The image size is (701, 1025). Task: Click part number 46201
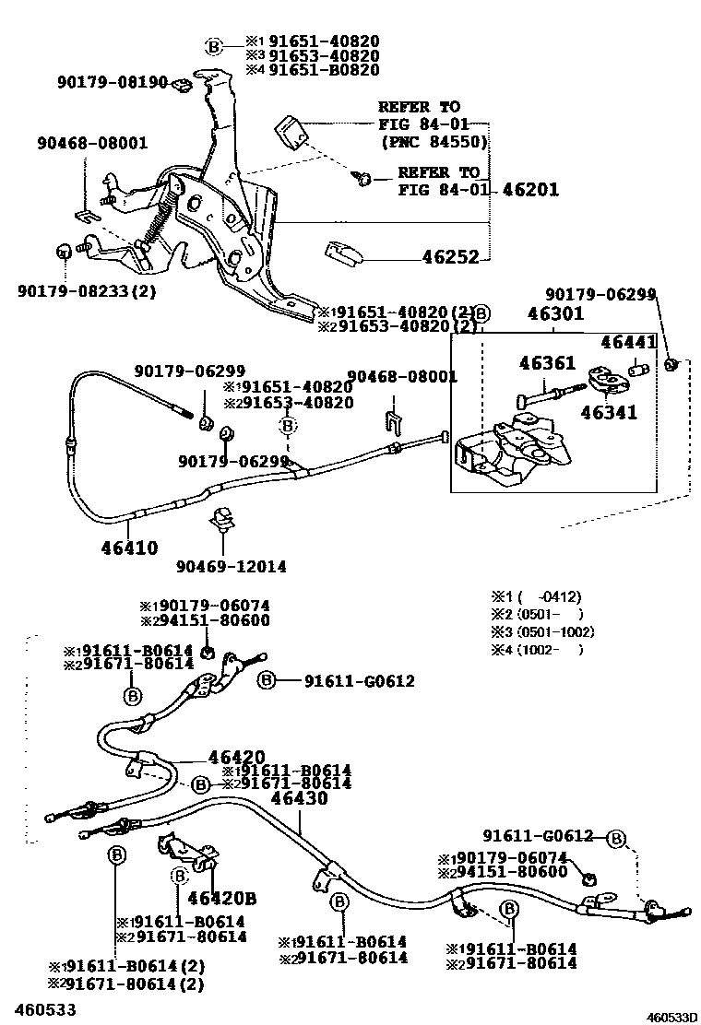tap(531, 190)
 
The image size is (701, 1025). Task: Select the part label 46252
tap(451, 258)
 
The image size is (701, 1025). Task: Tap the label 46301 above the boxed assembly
tap(555, 314)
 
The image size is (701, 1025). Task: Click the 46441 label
tap(628, 342)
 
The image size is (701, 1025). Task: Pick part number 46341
tap(609, 414)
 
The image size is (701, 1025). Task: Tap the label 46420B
tap(221, 898)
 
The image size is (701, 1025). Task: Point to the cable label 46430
tap(299, 798)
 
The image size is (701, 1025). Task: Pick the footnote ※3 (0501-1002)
tap(542, 632)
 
